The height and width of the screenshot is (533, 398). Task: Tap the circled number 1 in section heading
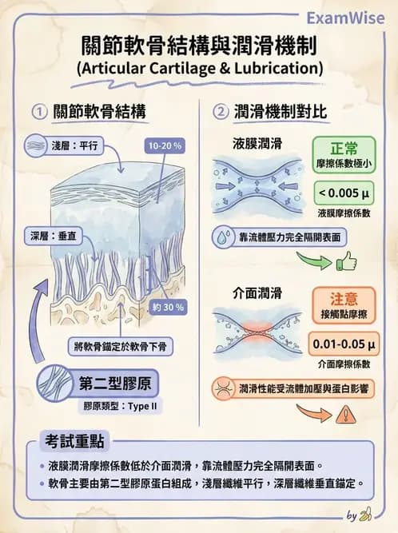pos(38,112)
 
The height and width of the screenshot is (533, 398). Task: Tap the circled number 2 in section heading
pos(221,112)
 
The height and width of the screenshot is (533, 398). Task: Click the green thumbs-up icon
pos(345,261)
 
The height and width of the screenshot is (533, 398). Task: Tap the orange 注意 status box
pos(345,304)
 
